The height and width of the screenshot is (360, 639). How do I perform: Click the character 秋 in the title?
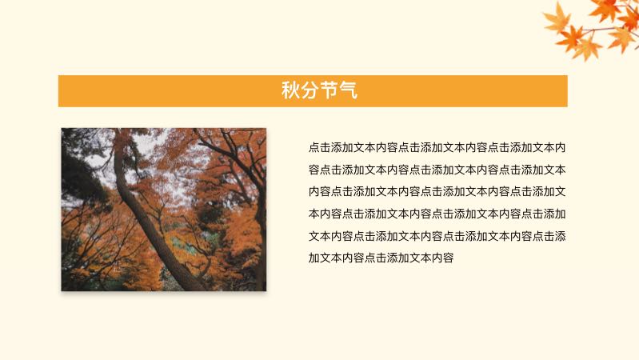pyautogui.click(x=290, y=90)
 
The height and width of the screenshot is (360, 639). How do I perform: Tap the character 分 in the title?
pyautogui.click(x=310, y=90)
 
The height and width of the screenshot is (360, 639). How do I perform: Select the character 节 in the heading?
pyautogui.click(x=329, y=90)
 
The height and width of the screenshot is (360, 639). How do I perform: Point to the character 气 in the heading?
pyautogui.click(x=348, y=90)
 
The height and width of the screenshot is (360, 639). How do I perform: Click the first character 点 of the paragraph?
pyautogui.click(x=314, y=147)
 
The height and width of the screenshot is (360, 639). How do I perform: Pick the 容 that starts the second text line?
pyautogui.click(x=314, y=170)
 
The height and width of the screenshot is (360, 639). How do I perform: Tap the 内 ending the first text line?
pyautogui.click(x=561, y=147)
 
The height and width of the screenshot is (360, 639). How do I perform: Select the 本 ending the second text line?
pyautogui.click(x=561, y=170)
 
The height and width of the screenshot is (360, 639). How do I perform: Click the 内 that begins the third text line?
pyautogui.click(x=314, y=191)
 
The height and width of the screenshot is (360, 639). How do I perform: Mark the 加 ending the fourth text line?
pyautogui.click(x=561, y=214)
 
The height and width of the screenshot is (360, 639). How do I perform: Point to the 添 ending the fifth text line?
pyautogui.click(x=561, y=236)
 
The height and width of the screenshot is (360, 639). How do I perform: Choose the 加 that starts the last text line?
pyautogui.click(x=314, y=258)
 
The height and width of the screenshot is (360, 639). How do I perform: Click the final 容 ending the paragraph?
pyautogui.click(x=449, y=258)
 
